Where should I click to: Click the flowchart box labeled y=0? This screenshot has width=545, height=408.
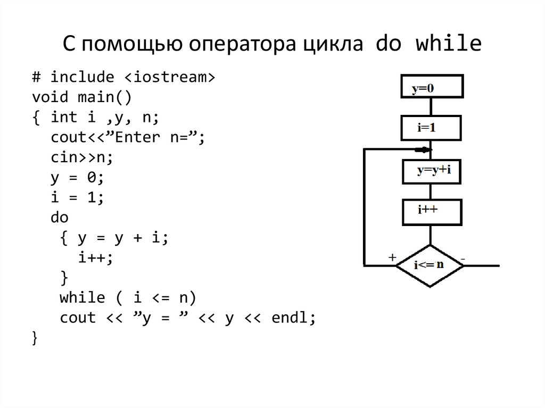(432, 88)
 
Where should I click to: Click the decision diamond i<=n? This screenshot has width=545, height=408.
(430, 265)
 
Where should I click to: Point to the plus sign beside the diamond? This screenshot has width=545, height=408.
(392, 257)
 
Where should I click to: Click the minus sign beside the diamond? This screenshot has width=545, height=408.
(463, 259)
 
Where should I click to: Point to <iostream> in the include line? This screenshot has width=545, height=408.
(170, 77)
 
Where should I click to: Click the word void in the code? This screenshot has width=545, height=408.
(50, 97)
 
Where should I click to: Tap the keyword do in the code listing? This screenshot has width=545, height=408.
(60, 218)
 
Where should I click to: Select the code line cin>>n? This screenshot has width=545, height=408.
(82, 157)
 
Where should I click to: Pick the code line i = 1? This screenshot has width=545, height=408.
(78, 197)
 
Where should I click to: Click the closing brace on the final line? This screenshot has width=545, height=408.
(35, 338)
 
